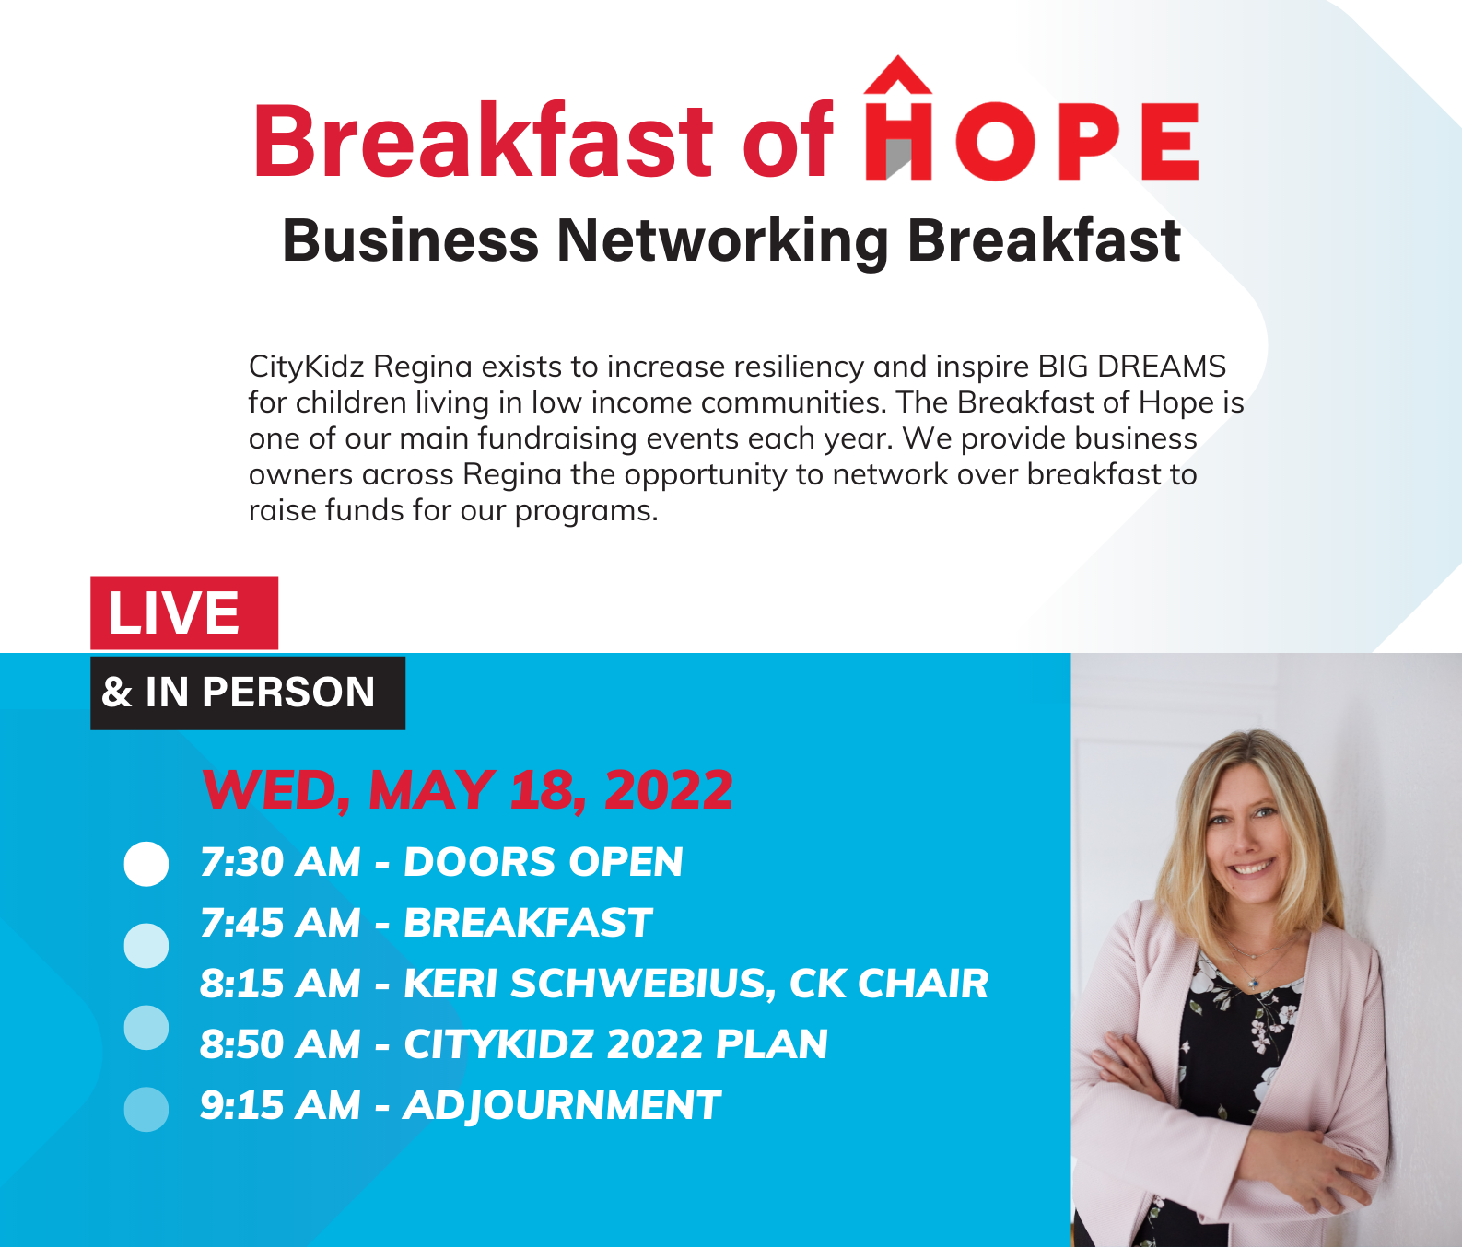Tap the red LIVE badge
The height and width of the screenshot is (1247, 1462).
183,612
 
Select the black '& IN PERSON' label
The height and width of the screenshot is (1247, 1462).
247,693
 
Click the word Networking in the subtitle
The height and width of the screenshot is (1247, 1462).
722,240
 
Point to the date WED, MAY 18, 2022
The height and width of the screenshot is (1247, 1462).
467,790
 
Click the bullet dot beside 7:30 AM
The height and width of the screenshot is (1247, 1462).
146,864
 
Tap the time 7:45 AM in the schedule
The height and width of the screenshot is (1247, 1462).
280,923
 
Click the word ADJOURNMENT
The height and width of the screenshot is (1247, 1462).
562,1105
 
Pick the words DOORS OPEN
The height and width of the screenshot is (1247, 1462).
544,862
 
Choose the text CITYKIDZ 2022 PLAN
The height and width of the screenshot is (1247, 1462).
615,1044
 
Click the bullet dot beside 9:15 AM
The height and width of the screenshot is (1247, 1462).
146,1109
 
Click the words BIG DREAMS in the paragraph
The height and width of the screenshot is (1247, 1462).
1132,367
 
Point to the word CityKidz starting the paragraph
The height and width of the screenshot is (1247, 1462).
307,367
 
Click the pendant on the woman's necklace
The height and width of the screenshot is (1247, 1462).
1254,984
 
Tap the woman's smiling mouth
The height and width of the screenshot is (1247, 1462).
1253,867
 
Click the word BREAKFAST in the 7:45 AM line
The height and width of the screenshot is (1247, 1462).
528,923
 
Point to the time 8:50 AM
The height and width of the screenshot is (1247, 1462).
280,1044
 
